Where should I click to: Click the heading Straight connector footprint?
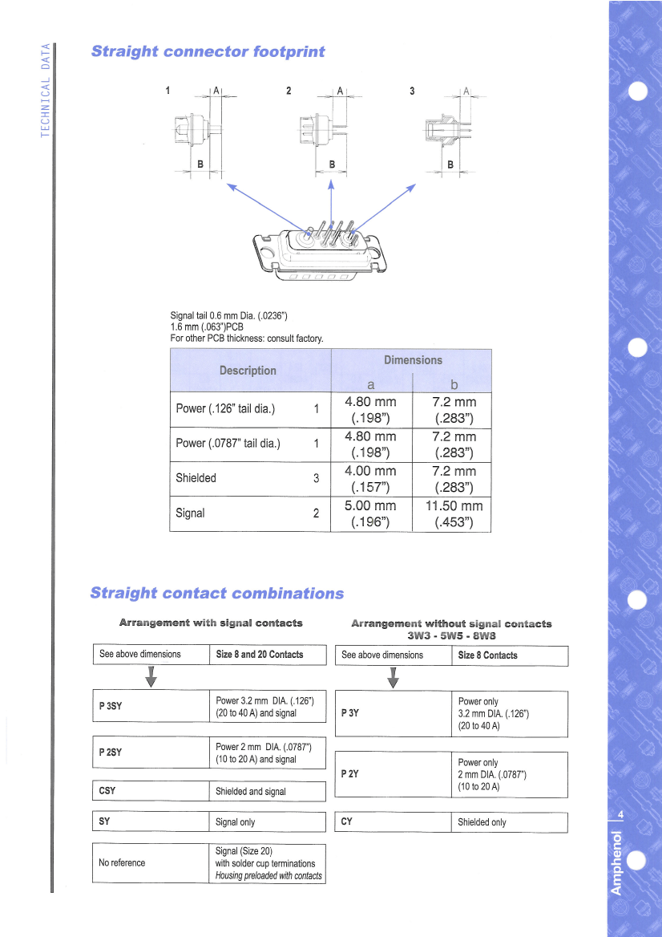[208, 51]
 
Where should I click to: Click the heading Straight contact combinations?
[216, 593]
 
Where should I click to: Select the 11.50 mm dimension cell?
[451, 514]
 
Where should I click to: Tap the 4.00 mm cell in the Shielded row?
[370, 479]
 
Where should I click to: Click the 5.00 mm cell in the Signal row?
[370, 514]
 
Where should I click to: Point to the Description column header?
[248, 370]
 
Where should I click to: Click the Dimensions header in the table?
[412, 360]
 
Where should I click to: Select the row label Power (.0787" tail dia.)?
[228, 443]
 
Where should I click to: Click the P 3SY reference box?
[149, 706]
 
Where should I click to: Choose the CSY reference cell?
[149, 791]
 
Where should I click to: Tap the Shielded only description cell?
[510, 822]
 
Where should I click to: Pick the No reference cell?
[149, 863]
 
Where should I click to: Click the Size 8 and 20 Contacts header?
[266, 655]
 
